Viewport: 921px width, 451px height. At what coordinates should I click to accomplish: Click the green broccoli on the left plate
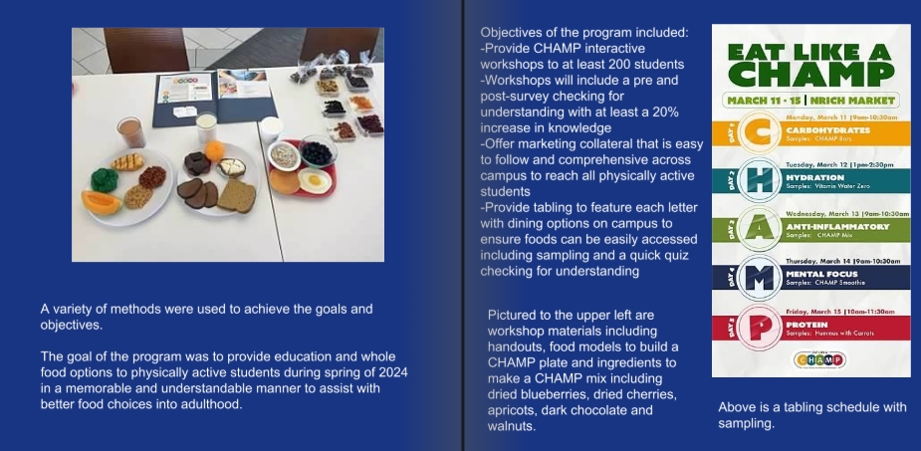(104, 179)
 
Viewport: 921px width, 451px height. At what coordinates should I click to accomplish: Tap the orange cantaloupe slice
(101, 202)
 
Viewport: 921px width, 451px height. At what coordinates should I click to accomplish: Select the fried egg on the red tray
(315, 180)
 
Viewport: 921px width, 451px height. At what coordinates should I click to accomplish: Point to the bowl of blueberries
(318, 151)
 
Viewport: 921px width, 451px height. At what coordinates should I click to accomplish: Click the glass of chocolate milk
(131, 132)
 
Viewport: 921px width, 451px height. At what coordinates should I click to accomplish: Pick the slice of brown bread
(237, 195)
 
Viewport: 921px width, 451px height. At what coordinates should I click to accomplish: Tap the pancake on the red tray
(285, 181)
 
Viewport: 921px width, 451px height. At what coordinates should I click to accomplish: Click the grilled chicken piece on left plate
(127, 162)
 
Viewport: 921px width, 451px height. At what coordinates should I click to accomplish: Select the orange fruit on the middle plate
(214, 151)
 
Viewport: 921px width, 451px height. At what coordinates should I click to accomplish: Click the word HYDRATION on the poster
(814, 177)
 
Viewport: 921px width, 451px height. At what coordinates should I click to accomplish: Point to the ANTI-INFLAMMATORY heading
(837, 227)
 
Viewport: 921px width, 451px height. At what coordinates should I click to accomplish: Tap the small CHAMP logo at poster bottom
(819, 359)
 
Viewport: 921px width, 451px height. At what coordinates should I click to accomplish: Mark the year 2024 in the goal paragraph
(394, 372)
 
